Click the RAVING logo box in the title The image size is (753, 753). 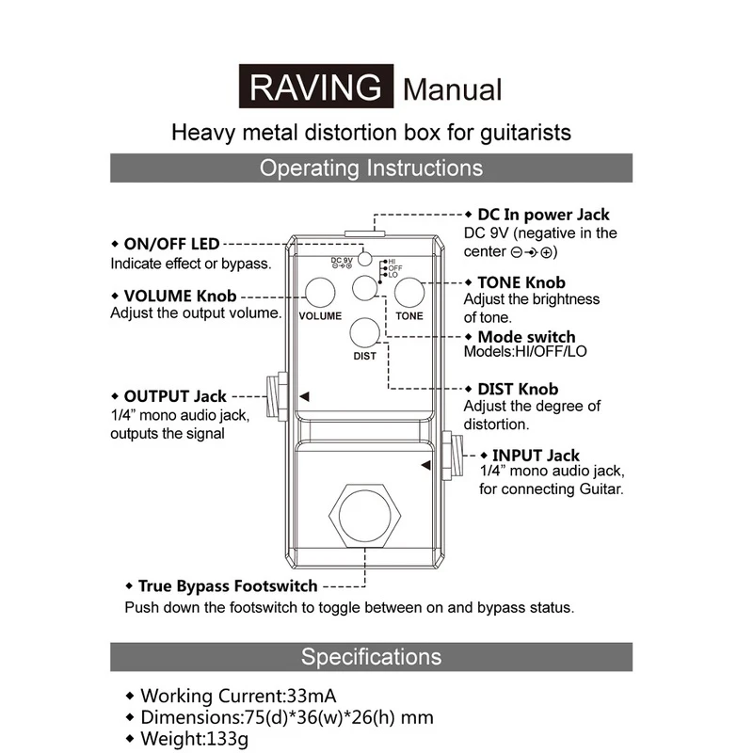click(314, 88)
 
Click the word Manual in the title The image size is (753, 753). click(453, 90)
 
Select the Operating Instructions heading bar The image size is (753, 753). click(372, 168)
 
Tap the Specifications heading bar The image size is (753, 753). click(372, 656)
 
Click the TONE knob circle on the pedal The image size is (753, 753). click(409, 293)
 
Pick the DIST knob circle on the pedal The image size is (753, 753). click(364, 332)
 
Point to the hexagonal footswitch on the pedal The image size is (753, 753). click(364, 516)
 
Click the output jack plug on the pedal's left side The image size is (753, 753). click(278, 399)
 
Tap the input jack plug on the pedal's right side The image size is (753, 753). click(452, 456)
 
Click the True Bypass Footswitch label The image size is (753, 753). click(227, 585)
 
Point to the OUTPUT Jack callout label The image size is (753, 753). click(175, 396)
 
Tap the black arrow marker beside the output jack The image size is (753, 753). click(304, 398)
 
